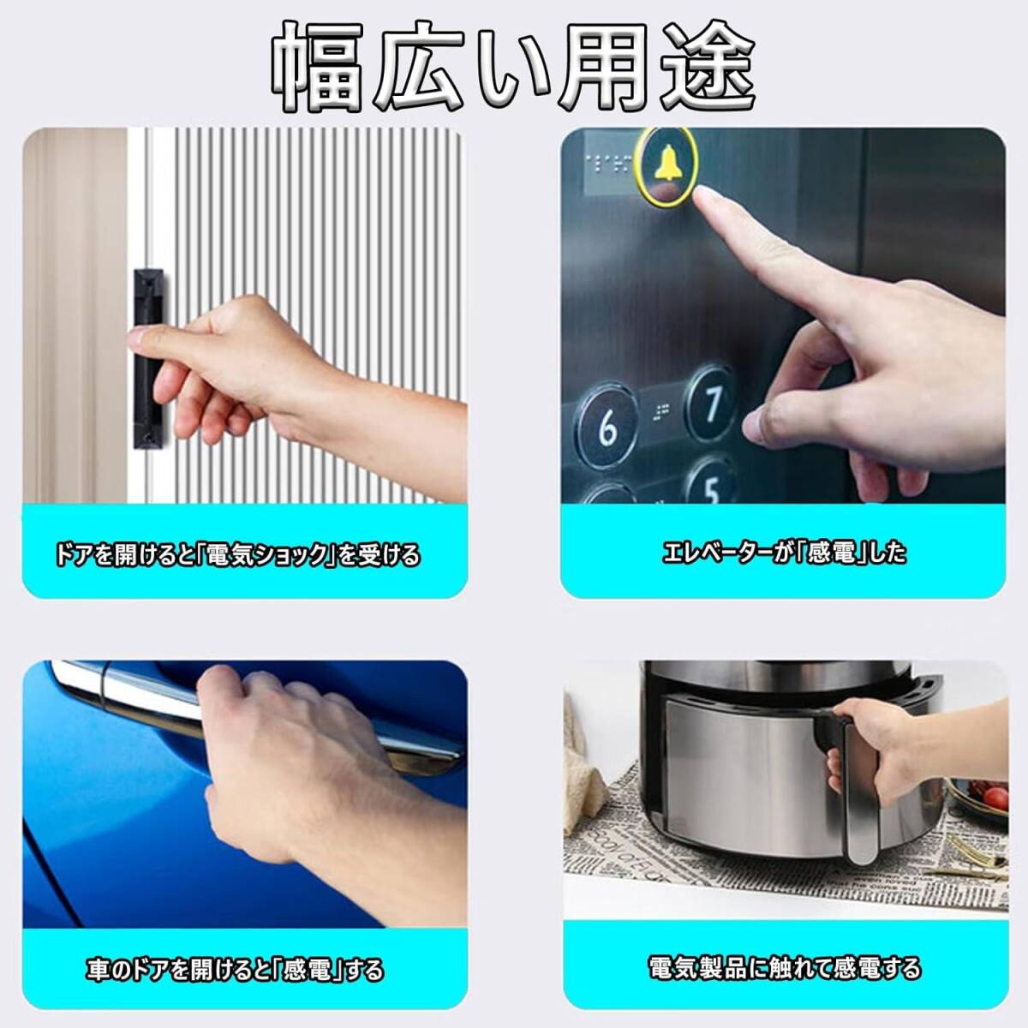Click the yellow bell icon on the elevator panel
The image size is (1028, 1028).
point(668,161)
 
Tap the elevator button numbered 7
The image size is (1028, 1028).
point(712,403)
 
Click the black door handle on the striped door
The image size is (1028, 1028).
point(149,357)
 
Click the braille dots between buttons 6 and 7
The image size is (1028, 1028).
point(661,411)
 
